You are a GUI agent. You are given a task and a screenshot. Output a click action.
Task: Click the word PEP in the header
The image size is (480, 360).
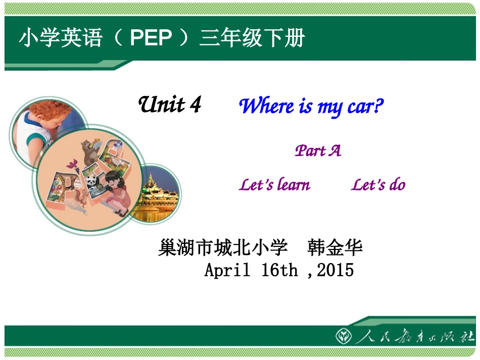tap(151, 38)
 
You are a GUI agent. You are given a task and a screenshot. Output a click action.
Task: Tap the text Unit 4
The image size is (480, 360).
tap(170, 105)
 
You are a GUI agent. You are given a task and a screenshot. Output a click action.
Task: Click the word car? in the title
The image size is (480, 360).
tap(365, 107)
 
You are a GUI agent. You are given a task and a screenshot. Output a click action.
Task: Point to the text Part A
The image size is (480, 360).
tap(318, 150)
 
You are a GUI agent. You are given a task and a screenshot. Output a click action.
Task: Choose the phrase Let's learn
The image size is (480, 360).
tap(274, 185)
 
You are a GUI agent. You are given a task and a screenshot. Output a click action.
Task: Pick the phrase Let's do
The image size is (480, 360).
tap(378, 185)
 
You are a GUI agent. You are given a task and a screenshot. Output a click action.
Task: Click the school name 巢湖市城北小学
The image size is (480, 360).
tap(223, 248)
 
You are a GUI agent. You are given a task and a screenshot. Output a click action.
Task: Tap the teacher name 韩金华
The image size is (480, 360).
tap(334, 248)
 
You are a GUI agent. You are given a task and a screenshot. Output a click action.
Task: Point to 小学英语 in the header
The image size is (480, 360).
tap(61, 38)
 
